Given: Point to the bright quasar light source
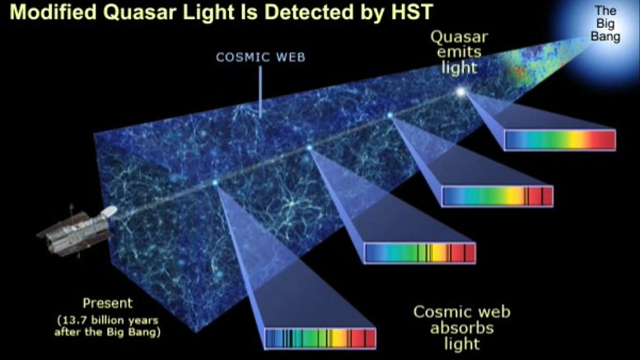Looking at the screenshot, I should (460, 91).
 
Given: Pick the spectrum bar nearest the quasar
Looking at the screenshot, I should (560, 140).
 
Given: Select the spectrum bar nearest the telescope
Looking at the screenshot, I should (320, 339).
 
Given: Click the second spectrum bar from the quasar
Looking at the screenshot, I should (497, 196).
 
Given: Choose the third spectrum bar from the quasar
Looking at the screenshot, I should (420, 252).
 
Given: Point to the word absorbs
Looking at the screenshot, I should (461, 328).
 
